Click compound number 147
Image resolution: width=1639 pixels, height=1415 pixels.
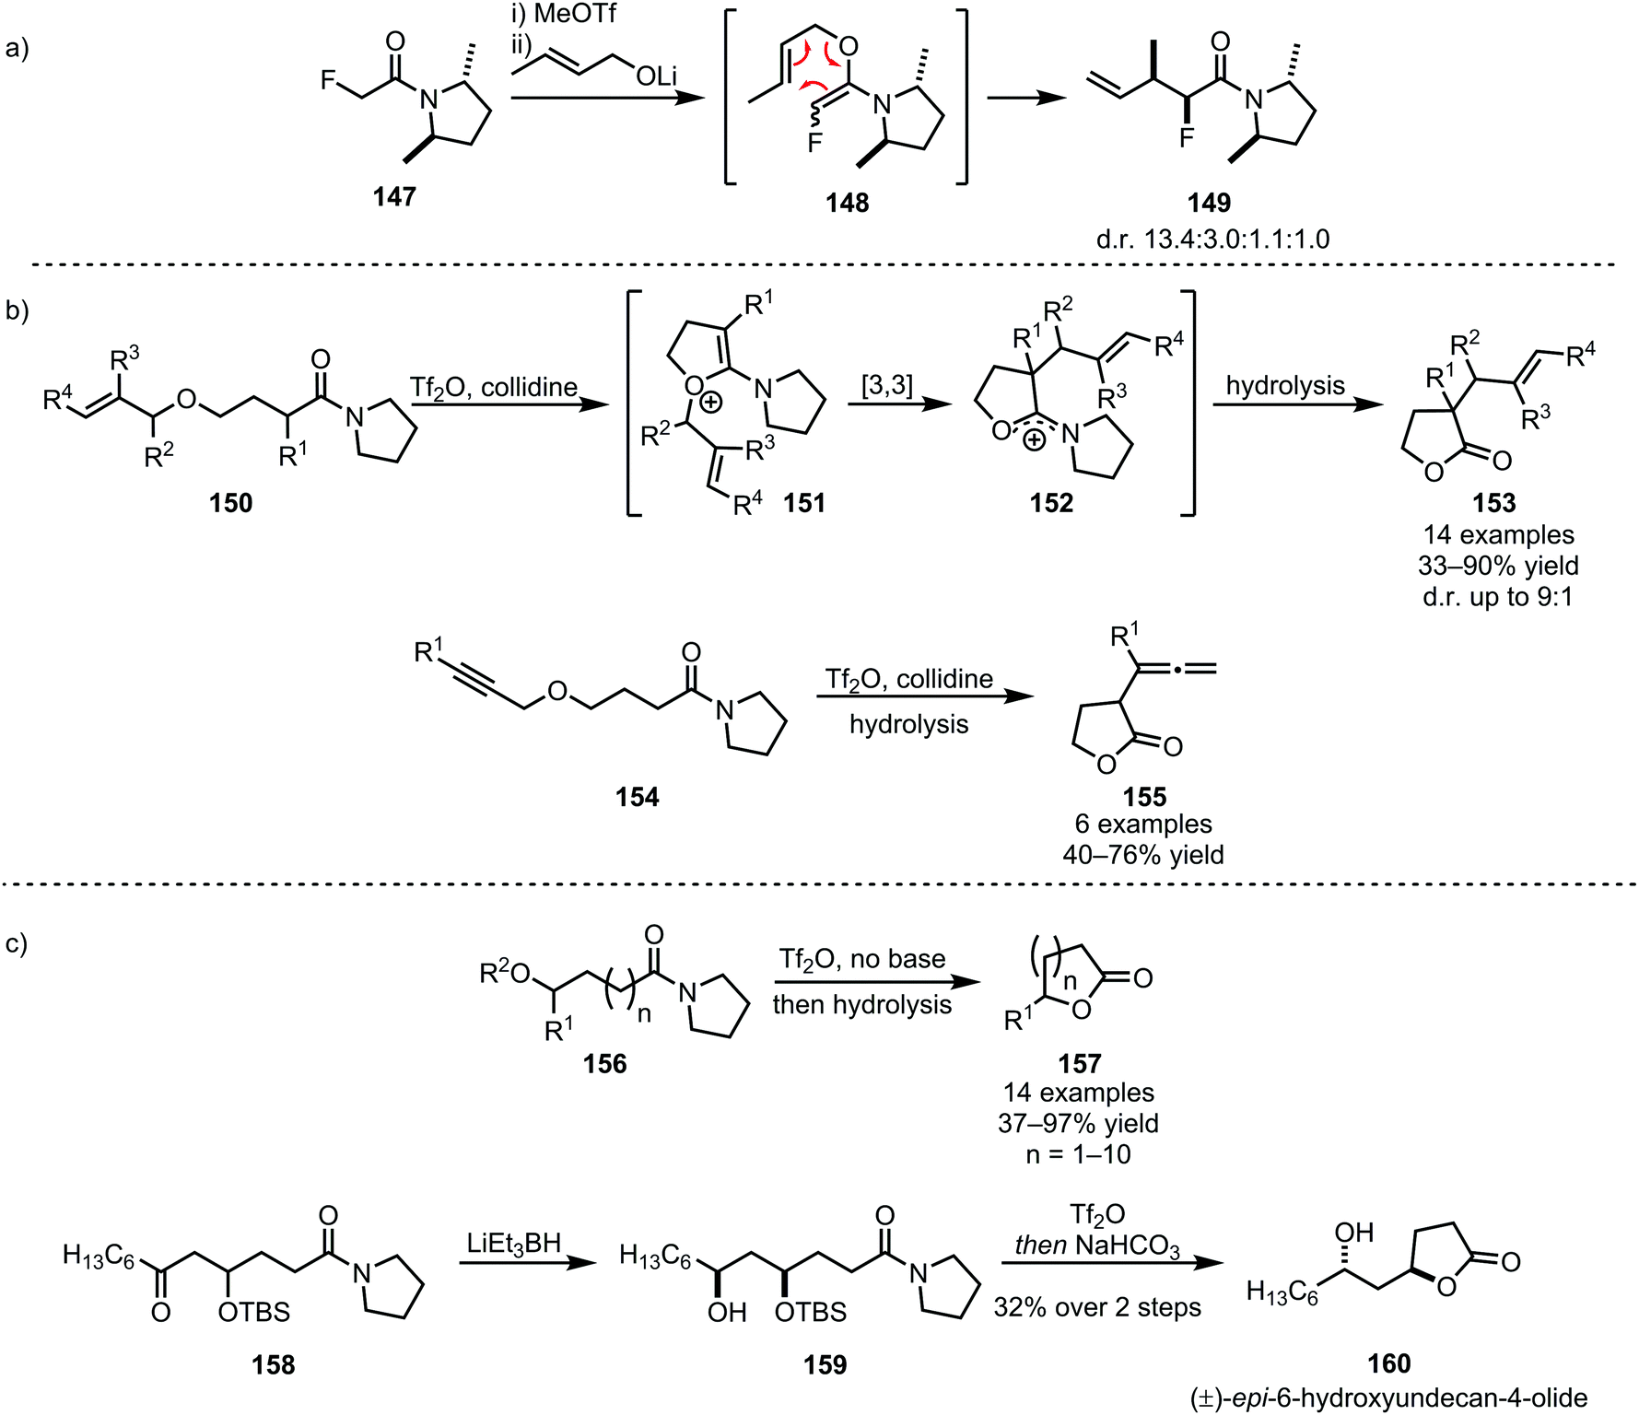394,196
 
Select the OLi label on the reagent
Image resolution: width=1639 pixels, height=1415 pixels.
656,76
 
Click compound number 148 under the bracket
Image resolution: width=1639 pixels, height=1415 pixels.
847,203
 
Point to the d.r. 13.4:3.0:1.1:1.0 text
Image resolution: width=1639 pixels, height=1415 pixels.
1212,240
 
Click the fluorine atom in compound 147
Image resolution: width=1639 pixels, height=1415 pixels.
329,81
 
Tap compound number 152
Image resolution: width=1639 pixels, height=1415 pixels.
1051,503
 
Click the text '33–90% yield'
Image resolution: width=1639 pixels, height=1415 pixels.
1498,566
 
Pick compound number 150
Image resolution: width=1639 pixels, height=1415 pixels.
230,503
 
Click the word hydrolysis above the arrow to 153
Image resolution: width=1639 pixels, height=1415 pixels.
1285,385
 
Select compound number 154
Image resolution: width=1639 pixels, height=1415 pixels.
638,797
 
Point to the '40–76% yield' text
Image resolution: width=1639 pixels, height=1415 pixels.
1143,855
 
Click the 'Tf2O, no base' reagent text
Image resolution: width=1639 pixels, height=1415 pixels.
862,959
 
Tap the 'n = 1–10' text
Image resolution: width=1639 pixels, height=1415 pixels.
1078,1154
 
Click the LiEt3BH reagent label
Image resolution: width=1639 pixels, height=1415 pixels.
514,1244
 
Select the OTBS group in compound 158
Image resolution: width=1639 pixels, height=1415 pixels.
254,1311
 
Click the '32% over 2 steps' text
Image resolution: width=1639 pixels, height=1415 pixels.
1097,1307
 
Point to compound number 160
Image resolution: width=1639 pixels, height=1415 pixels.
1388,1363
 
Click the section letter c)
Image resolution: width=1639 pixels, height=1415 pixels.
18,943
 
